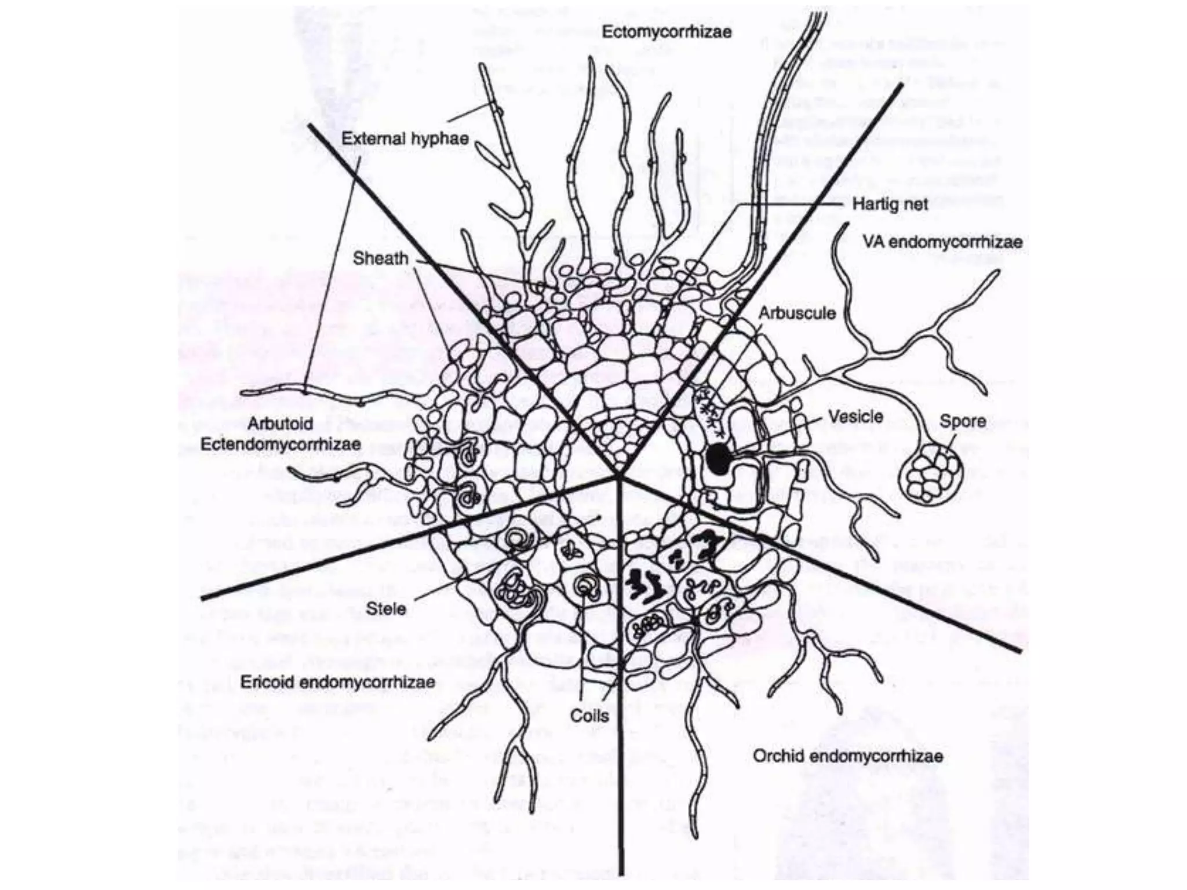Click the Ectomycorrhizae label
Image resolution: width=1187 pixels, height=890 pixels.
click(667, 31)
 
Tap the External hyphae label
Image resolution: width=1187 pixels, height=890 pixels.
click(405, 138)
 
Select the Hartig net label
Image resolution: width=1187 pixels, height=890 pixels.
click(890, 204)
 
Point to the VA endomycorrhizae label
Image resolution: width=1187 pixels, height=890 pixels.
click(942, 242)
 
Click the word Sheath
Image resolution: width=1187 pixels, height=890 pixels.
click(381, 258)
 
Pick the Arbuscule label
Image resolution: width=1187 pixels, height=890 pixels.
click(798, 313)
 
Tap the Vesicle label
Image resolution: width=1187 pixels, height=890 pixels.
click(855, 417)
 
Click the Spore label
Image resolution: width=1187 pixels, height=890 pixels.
click(963, 421)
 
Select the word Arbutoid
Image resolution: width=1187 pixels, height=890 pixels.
click(280, 424)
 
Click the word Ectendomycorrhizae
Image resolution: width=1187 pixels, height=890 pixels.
click(281, 444)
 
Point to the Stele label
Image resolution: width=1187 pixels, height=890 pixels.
click(386, 608)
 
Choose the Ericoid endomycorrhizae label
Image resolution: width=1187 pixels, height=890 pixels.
click(337, 681)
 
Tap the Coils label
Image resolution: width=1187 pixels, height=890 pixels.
click(589, 716)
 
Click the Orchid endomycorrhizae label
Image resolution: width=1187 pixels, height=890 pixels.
click(848, 756)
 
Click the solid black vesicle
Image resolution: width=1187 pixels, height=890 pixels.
click(719, 459)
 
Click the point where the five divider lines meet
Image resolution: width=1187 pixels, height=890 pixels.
click(619, 477)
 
